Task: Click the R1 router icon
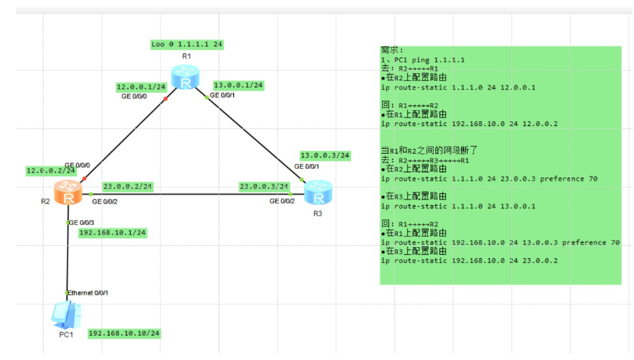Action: tap(186, 78)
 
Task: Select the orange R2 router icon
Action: tap(68, 193)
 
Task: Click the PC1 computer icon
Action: tap(65, 316)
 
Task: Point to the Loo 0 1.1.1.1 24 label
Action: tap(187, 45)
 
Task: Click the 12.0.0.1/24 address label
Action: tap(140, 87)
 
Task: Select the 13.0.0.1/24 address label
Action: tap(238, 85)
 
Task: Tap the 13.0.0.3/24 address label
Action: tap(325, 155)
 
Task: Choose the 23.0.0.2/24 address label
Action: tap(127, 186)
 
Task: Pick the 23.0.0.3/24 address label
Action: tap(264, 186)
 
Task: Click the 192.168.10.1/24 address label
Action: tap(112, 233)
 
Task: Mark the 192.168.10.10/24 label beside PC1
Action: tap(124, 334)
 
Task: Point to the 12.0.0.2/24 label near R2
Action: tap(51, 170)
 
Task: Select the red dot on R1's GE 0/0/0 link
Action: tap(166, 99)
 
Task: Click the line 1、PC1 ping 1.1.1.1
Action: tap(423, 60)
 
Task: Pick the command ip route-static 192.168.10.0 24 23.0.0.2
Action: tap(469, 261)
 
